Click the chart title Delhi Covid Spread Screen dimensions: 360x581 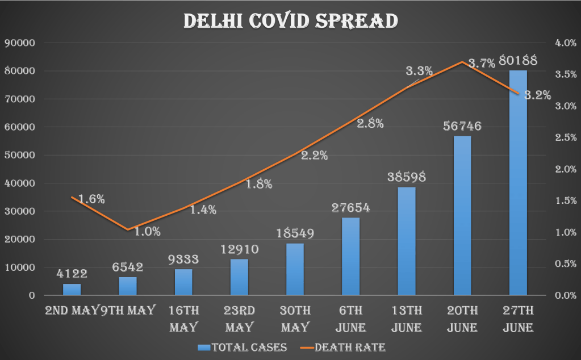tap(290, 20)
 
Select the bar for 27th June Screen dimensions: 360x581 tap(518, 182)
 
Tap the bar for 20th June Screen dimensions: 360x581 tap(462, 216)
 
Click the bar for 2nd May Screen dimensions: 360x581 tap(72, 290)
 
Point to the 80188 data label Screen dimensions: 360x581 tap(518, 60)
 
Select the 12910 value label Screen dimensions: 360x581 tap(239, 249)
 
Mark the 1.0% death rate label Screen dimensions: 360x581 tap(147, 231)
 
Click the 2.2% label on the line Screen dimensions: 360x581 tap(314, 155)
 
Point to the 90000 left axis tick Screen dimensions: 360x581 tap(20, 43)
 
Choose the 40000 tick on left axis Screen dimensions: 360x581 tap(20, 183)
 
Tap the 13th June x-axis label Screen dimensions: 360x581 tap(407, 319)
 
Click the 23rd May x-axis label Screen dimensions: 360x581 tap(239, 319)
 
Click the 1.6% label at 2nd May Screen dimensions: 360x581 tap(91, 199)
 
